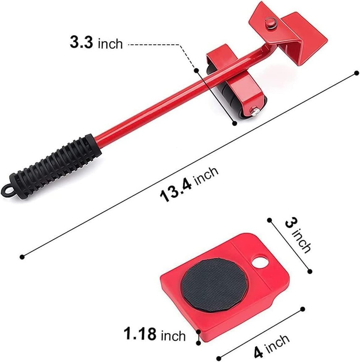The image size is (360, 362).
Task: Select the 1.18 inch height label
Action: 155,334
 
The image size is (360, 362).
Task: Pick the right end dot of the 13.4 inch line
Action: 354,74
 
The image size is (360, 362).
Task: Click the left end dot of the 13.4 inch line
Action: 22,257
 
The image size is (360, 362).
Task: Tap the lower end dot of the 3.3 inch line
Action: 234,123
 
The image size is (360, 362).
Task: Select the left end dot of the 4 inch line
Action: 218,357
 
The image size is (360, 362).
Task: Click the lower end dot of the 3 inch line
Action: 310,271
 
